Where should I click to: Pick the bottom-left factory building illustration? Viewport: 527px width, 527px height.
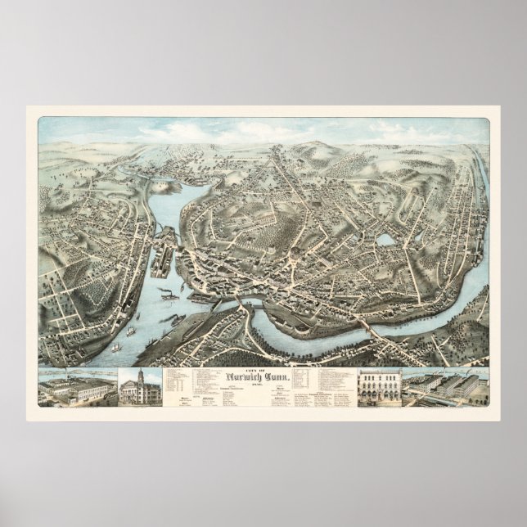78,390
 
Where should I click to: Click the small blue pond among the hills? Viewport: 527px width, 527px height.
385,240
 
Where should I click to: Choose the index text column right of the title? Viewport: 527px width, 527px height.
327,385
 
